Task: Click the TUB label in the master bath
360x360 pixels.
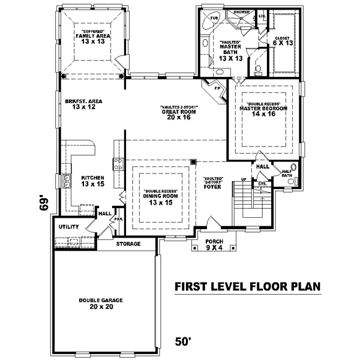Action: coord(214,19)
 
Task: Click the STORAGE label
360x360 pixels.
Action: coord(128,244)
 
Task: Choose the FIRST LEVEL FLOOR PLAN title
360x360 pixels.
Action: coord(247,287)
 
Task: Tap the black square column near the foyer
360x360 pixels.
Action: coord(193,162)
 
